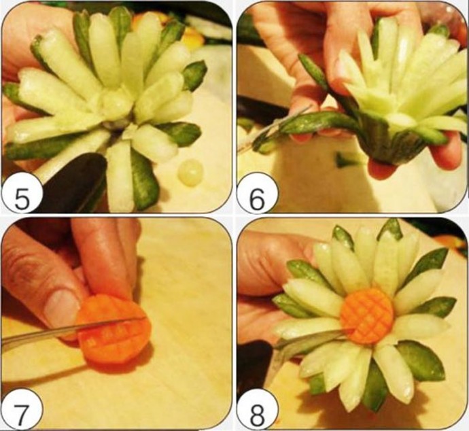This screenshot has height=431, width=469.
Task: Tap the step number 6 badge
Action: click(257, 194)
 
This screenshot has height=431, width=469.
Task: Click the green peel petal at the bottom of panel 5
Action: click(144, 179)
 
